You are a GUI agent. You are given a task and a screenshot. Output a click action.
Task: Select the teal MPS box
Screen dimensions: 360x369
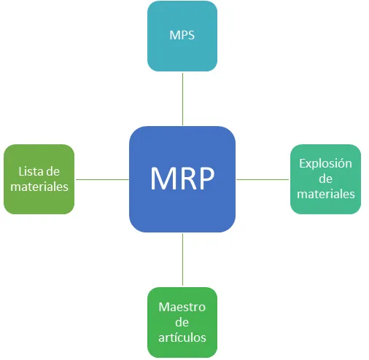(182, 36)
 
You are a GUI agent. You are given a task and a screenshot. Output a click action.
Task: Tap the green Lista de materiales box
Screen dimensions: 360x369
(39, 179)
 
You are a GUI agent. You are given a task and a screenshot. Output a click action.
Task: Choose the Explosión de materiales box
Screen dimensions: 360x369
(325, 179)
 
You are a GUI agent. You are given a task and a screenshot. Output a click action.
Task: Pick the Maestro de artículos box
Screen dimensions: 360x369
(182, 321)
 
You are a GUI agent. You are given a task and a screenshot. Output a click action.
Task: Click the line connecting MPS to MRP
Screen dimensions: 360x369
(182, 98)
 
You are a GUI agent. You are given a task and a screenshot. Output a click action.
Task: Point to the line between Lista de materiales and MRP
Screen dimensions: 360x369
(101, 179)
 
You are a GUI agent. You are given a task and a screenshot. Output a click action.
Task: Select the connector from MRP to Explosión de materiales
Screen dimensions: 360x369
(263, 179)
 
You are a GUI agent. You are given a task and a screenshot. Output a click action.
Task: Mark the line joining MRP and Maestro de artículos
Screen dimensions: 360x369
(182, 259)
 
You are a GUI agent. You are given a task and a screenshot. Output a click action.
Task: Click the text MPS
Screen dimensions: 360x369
(182, 36)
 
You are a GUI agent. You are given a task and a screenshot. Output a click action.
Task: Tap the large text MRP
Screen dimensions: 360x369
(182, 179)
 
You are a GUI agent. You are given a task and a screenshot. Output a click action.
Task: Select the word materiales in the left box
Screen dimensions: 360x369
(39, 187)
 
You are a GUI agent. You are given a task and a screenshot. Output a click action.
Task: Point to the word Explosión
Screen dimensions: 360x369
(325, 164)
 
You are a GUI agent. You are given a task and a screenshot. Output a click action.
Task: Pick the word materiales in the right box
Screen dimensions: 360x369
(326, 194)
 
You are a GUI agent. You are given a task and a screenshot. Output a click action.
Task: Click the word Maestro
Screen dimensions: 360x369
(182, 307)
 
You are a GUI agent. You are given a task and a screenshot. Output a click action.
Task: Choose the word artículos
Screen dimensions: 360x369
(182, 337)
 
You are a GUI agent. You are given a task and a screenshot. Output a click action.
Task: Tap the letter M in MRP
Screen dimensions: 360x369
(163, 179)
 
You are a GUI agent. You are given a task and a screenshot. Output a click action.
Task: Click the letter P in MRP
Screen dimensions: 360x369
(206, 179)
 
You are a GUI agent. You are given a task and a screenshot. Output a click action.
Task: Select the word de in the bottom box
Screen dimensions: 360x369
(182, 322)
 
